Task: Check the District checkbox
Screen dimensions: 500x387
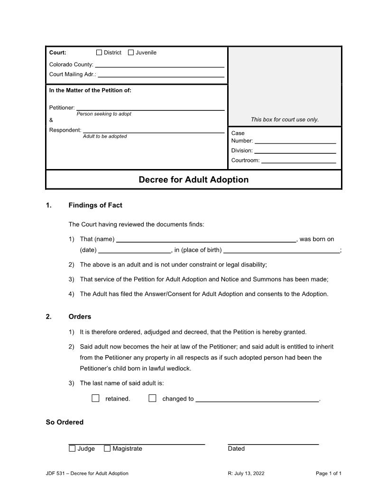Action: pos(99,53)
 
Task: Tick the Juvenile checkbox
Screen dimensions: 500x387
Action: pos(131,53)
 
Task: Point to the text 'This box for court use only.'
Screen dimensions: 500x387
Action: pos(285,120)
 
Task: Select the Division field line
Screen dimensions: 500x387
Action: pos(295,151)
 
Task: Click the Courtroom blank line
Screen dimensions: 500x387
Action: pos(298,160)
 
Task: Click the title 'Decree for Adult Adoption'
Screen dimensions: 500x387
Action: pos(193,180)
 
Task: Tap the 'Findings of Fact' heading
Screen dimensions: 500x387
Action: pos(95,205)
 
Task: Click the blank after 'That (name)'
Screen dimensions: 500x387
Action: pos(206,239)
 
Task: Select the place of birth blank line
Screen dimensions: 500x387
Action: pos(282,250)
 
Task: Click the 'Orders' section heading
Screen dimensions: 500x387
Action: pos(80,316)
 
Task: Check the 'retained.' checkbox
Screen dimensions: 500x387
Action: pos(95,398)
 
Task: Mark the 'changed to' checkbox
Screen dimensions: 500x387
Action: pos(152,398)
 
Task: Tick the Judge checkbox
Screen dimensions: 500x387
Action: pos(72,448)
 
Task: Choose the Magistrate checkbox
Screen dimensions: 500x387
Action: pos(107,448)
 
